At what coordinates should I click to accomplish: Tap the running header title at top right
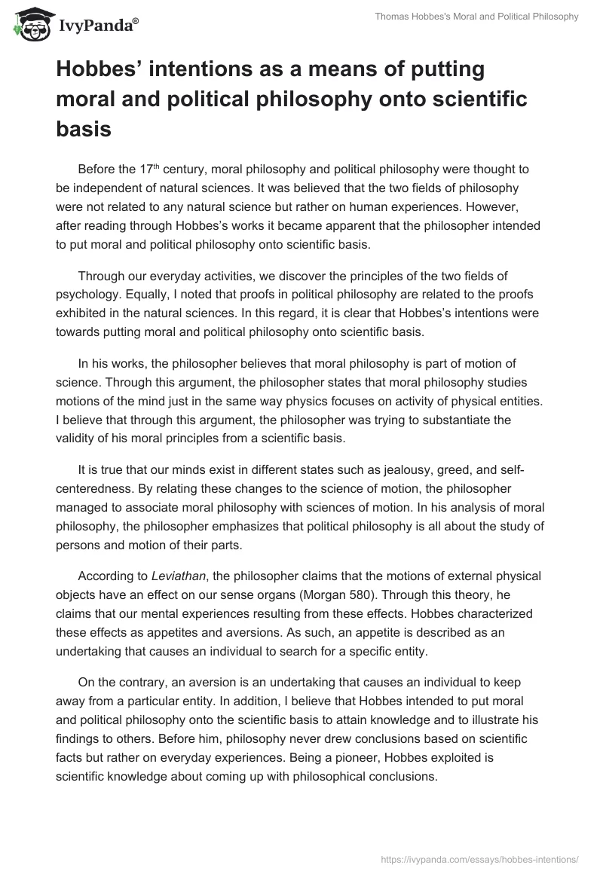click(x=476, y=17)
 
